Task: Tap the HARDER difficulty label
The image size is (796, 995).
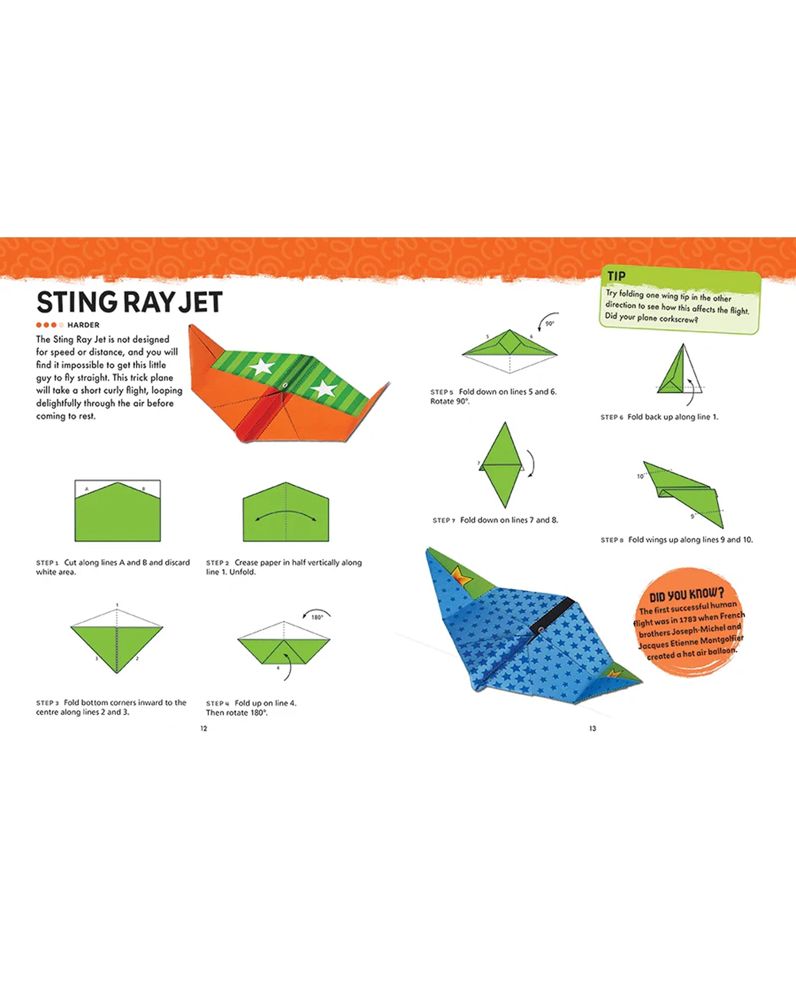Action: point(83,325)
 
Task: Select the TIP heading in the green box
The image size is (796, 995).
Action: point(616,276)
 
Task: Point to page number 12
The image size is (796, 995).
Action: point(203,728)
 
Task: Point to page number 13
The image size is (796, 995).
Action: point(593,728)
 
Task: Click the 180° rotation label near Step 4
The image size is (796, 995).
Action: point(317,617)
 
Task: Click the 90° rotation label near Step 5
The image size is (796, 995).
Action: point(549,323)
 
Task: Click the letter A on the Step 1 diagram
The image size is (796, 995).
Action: point(87,489)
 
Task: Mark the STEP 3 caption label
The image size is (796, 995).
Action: point(47,703)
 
